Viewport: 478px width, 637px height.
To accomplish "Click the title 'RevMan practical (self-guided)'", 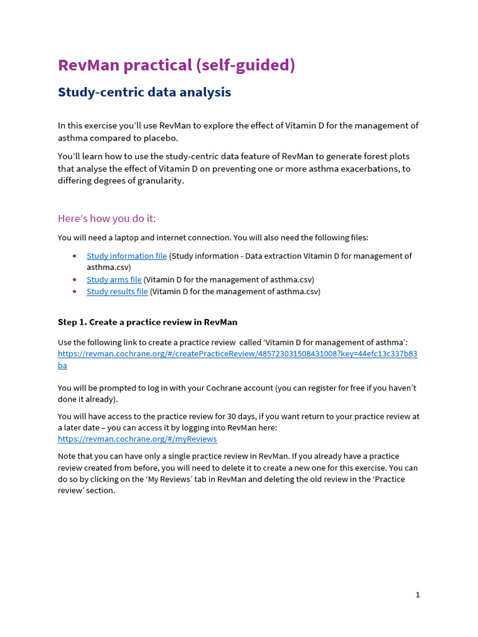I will [176, 65].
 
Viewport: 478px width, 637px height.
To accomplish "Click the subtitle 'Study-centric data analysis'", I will [144, 93].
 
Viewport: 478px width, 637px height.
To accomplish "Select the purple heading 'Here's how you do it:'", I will [107, 218].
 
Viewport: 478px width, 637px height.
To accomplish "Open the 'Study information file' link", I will [126, 256].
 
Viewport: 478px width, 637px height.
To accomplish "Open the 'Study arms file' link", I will [114, 279].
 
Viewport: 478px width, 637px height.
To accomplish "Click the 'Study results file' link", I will [117, 291].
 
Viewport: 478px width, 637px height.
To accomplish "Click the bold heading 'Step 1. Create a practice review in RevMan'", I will [148, 322].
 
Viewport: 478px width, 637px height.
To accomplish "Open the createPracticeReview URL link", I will [237, 354].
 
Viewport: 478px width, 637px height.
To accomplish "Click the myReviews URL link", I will [137, 439].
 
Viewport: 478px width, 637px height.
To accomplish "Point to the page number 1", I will [418, 595].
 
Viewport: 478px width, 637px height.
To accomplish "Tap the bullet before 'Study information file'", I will [75, 256].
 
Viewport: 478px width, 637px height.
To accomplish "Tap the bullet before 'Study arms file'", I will [75, 279].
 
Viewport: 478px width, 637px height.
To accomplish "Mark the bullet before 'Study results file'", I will [75, 291].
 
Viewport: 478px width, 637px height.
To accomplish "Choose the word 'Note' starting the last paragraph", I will [67, 456].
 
